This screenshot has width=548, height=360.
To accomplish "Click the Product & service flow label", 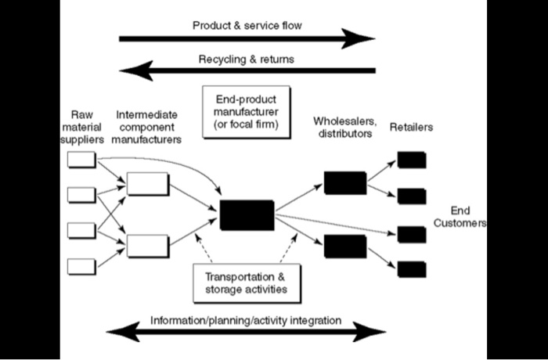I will pos(247,26).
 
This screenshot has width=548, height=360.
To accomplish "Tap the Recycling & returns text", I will pos(247,59).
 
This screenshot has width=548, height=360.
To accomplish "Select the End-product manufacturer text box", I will pos(246,113).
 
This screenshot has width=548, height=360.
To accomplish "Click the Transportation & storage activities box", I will pos(246,283).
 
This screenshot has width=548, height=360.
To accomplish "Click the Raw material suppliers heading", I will pos(81,127).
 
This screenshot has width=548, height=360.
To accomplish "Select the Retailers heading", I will pos(412,127).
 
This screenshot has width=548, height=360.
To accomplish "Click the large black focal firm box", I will pos(247,214).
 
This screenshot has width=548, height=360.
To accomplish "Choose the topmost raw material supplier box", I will pos(82,161).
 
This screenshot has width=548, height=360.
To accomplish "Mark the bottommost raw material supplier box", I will pos(82,265).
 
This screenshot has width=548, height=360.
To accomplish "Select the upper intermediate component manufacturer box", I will pos(148,184).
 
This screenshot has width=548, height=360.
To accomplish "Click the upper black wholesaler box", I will pos(344,182).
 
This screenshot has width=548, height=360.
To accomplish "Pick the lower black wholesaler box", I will pos(344,247).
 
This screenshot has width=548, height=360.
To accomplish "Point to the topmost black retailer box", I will pos(412,160).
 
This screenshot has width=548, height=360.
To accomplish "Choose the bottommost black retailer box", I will pos(412,268).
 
